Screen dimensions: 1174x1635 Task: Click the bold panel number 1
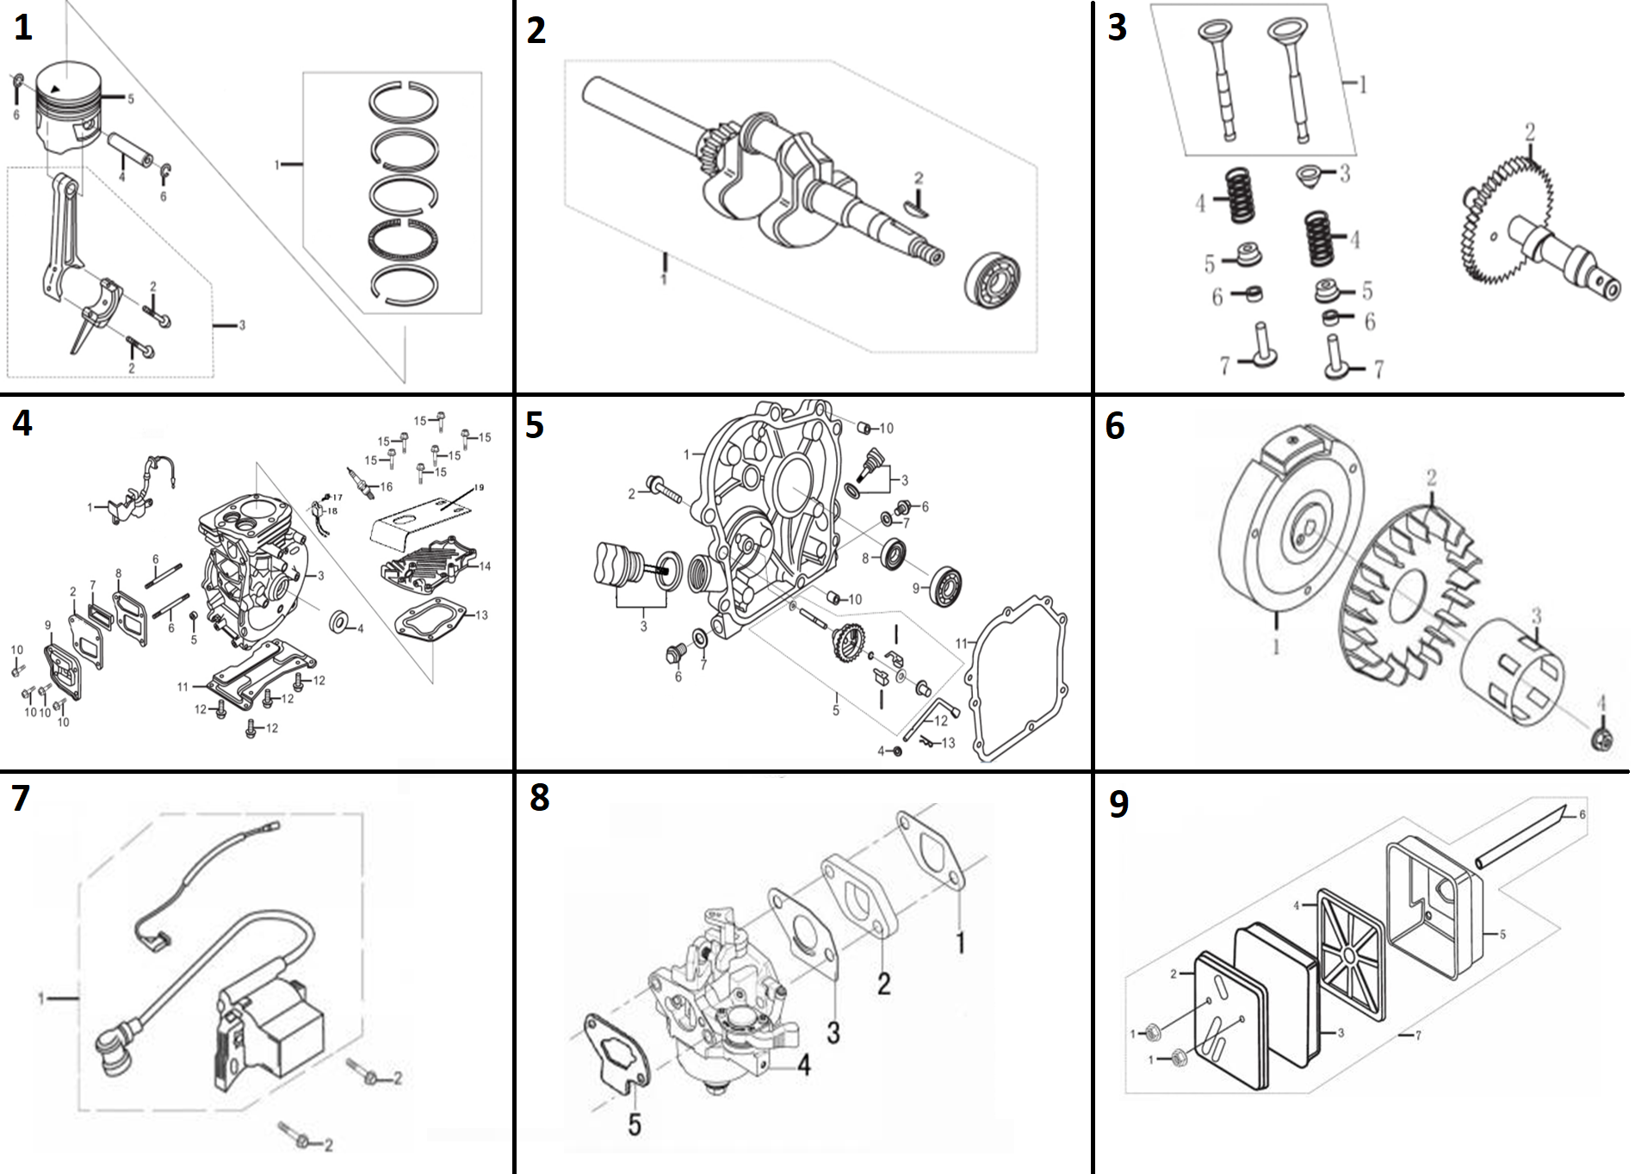[x=23, y=28]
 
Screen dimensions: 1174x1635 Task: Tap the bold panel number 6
[x=1115, y=426]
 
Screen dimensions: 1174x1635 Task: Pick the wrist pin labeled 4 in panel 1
[x=131, y=151]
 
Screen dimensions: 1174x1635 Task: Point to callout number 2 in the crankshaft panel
[x=919, y=179]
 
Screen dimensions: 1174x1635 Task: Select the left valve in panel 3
[x=1220, y=77]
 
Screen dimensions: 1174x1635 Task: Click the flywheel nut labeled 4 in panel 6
[x=1602, y=738]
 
